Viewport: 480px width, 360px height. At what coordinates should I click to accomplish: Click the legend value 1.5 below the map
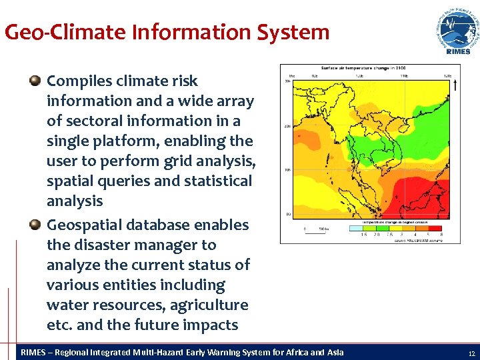tap(365, 235)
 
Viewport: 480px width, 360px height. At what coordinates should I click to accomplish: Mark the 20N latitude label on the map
tap(288, 125)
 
